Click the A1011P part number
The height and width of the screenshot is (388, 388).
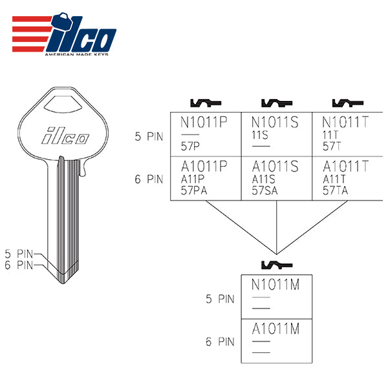[x=204, y=167]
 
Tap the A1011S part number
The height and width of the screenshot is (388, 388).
[x=275, y=167]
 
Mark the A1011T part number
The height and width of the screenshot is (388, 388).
[x=347, y=167]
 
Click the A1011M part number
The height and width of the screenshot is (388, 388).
[x=275, y=329]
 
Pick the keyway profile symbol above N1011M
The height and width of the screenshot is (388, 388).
[x=276, y=264]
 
